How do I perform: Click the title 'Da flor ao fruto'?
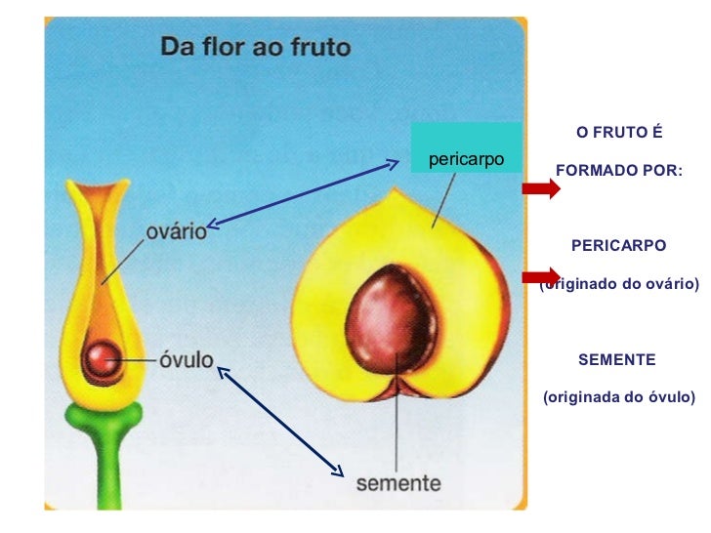coord(255,46)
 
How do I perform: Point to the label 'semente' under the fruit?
coord(397,482)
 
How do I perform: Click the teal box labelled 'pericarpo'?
coord(466,157)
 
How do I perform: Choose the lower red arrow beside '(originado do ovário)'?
coord(541,276)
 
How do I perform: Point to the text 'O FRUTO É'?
coord(619,132)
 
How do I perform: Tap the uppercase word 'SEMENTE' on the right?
coord(617,360)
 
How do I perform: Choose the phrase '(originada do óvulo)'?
coord(619,397)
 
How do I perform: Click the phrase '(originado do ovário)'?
coord(622,284)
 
